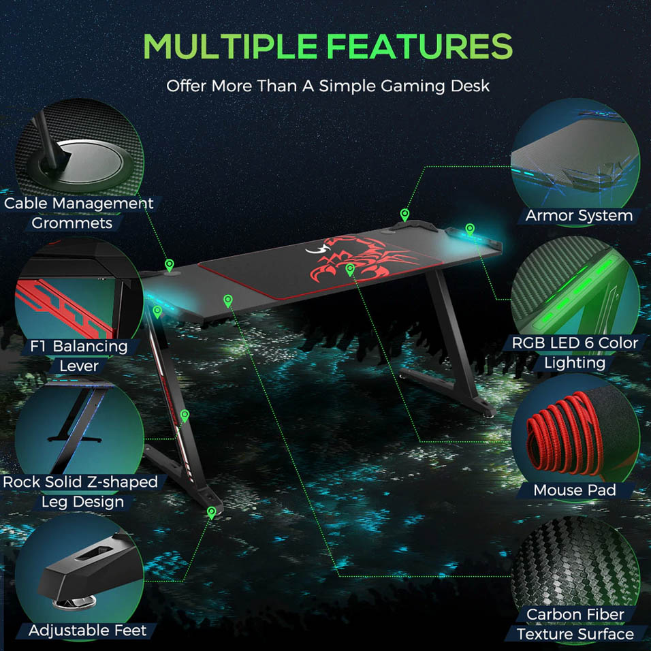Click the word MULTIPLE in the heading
pos(230,46)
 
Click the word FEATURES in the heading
pos(419,46)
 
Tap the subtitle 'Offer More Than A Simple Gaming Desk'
pos(328,86)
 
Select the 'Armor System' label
pos(579,215)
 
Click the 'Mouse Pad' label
pos(575,490)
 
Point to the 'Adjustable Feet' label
pos(88,631)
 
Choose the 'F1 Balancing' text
pos(78,346)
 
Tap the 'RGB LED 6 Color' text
pos(575,343)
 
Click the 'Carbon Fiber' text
pos(575,614)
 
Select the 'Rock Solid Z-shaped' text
pos(80,482)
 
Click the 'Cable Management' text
pos(79,204)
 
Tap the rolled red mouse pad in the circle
pos(565,436)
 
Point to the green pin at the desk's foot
pos(211,513)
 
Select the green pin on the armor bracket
pos(404,215)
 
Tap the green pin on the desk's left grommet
pos(170,265)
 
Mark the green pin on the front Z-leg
pos(185,415)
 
